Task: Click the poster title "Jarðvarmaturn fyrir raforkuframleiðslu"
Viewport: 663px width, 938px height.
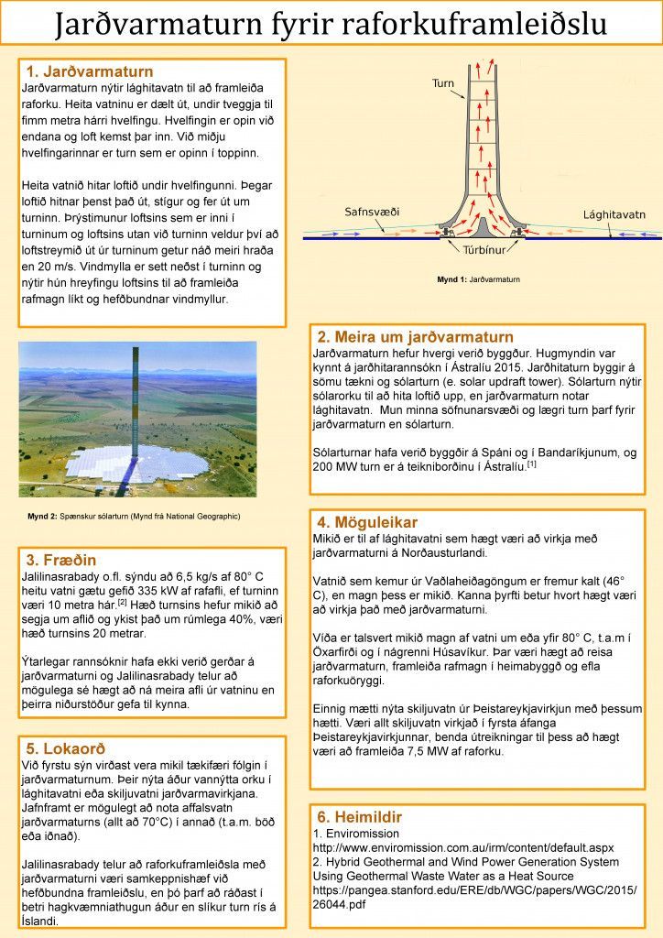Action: click(331, 24)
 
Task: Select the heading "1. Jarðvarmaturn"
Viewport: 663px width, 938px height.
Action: click(89, 71)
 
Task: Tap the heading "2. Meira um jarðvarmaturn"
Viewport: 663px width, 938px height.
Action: click(415, 337)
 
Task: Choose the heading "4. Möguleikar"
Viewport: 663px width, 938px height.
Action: click(367, 522)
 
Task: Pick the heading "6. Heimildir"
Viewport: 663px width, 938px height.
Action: click(360, 816)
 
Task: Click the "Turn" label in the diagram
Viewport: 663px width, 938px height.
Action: click(442, 83)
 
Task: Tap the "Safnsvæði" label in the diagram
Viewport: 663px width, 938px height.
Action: click(372, 212)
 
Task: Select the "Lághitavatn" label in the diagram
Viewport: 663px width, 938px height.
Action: click(614, 214)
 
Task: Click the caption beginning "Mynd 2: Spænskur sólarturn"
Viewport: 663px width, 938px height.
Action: click(134, 517)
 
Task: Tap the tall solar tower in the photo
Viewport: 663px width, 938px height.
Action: click(136, 412)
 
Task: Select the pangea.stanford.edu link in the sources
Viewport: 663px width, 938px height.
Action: click(474, 897)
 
